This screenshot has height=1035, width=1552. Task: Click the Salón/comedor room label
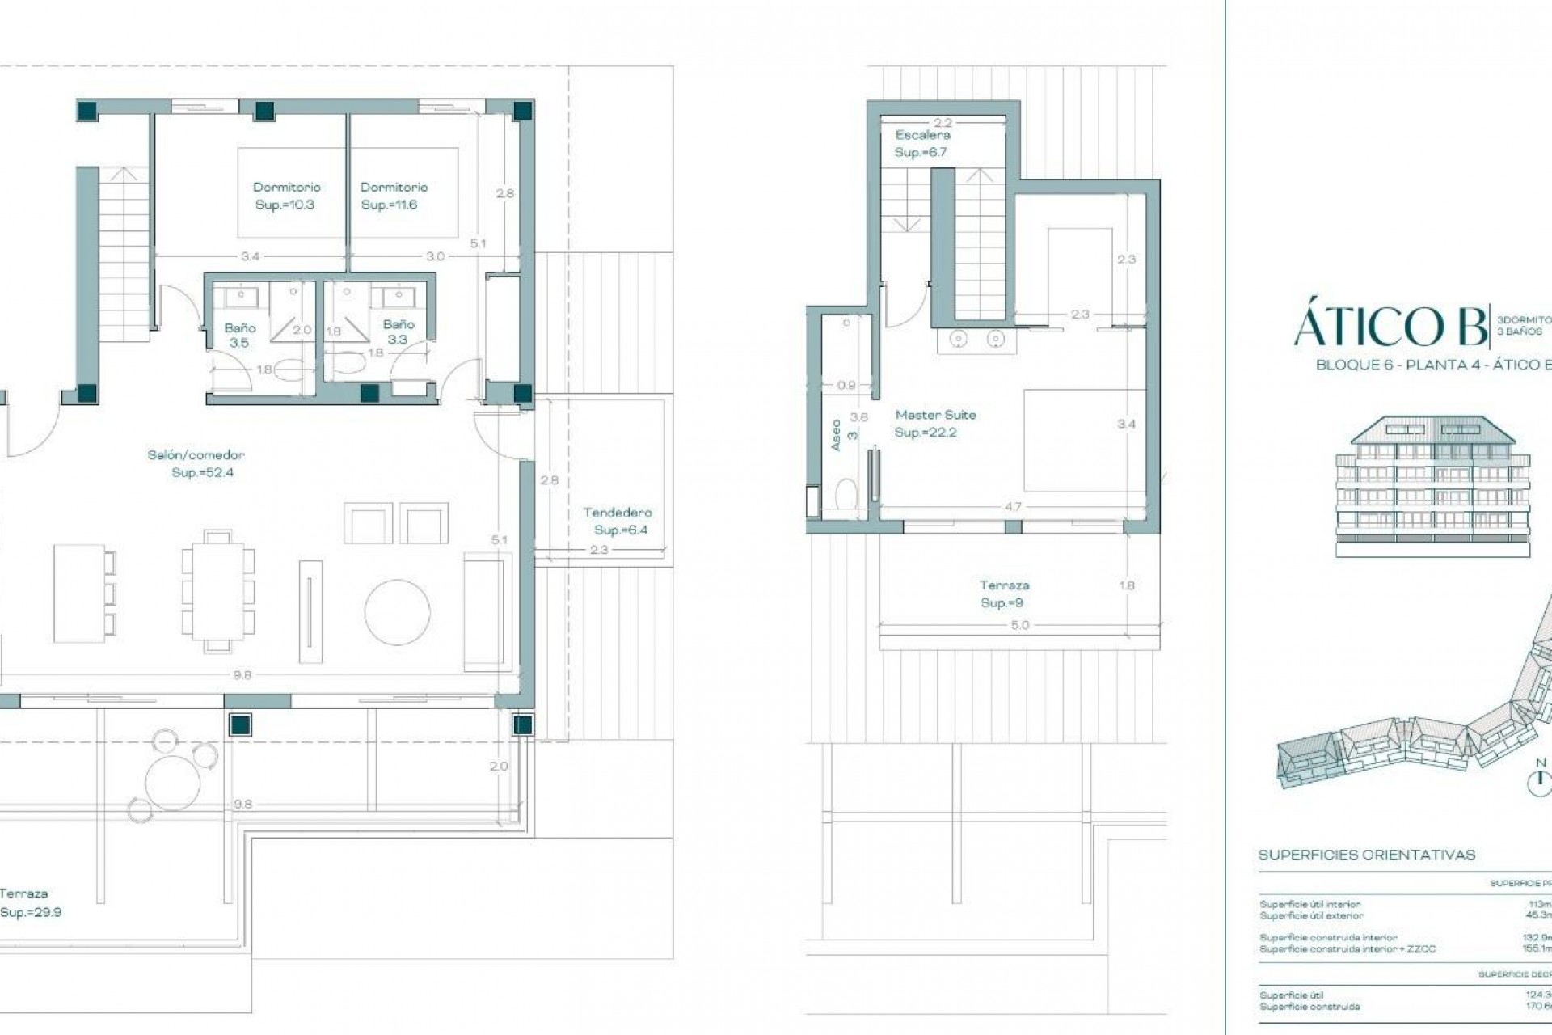click(x=196, y=464)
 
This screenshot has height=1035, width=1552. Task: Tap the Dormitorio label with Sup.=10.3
click(x=286, y=196)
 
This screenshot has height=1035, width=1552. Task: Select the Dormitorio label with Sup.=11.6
click(x=394, y=196)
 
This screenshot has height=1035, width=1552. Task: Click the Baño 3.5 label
click(x=240, y=335)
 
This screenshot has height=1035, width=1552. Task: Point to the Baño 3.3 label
click(x=399, y=332)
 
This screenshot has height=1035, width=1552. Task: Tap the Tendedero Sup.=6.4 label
click(x=618, y=521)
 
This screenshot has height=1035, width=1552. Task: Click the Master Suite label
click(x=935, y=423)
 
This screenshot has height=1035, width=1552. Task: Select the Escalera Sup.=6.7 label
click(x=921, y=143)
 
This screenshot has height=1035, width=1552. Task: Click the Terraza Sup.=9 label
click(x=1004, y=594)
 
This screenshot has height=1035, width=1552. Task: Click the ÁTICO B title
click(x=1390, y=327)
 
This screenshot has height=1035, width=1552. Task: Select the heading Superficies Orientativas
click(x=1367, y=855)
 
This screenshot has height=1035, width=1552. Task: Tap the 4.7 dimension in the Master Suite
click(x=1013, y=507)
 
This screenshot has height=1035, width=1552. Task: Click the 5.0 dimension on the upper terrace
click(x=1019, y=625)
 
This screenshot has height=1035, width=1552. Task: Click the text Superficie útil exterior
click(x=1311, y=916)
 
